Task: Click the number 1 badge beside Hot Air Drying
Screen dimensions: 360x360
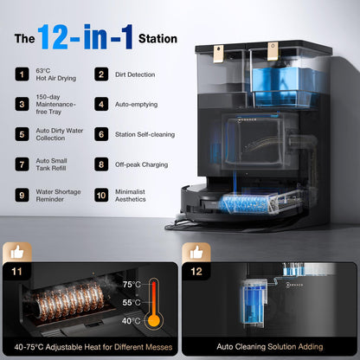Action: [x=22, y=74]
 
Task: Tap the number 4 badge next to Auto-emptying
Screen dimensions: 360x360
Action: [x=101, y=104]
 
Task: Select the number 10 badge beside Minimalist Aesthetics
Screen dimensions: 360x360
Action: [x=101, y=196]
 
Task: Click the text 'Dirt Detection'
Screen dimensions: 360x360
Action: [x=135, y=74]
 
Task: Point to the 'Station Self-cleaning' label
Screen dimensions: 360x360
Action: [x=145, y=134]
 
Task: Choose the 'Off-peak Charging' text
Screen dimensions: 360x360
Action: [x=141, y=164]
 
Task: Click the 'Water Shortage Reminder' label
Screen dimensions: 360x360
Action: [x=58, y=196]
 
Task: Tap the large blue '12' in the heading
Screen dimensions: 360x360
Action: [x=53, y=37]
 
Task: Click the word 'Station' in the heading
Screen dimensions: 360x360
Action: [x=157, y=39]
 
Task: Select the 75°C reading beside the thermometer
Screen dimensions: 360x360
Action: [x=132, y=285]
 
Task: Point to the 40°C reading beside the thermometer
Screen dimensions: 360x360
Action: [x=131, y=321]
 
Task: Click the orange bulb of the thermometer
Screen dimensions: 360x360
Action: [x=154, y=320]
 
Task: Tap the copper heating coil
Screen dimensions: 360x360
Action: [x=69, y=302]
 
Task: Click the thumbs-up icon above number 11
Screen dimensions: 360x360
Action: [x=17, y=253]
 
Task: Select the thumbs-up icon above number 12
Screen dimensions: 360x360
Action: [x=196, y=253]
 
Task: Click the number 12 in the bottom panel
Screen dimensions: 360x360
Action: [x=196, y=272]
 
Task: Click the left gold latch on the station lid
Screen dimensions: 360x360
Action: [x=219, y=54]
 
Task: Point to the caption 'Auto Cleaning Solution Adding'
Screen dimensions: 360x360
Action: [x=270, y=347]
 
